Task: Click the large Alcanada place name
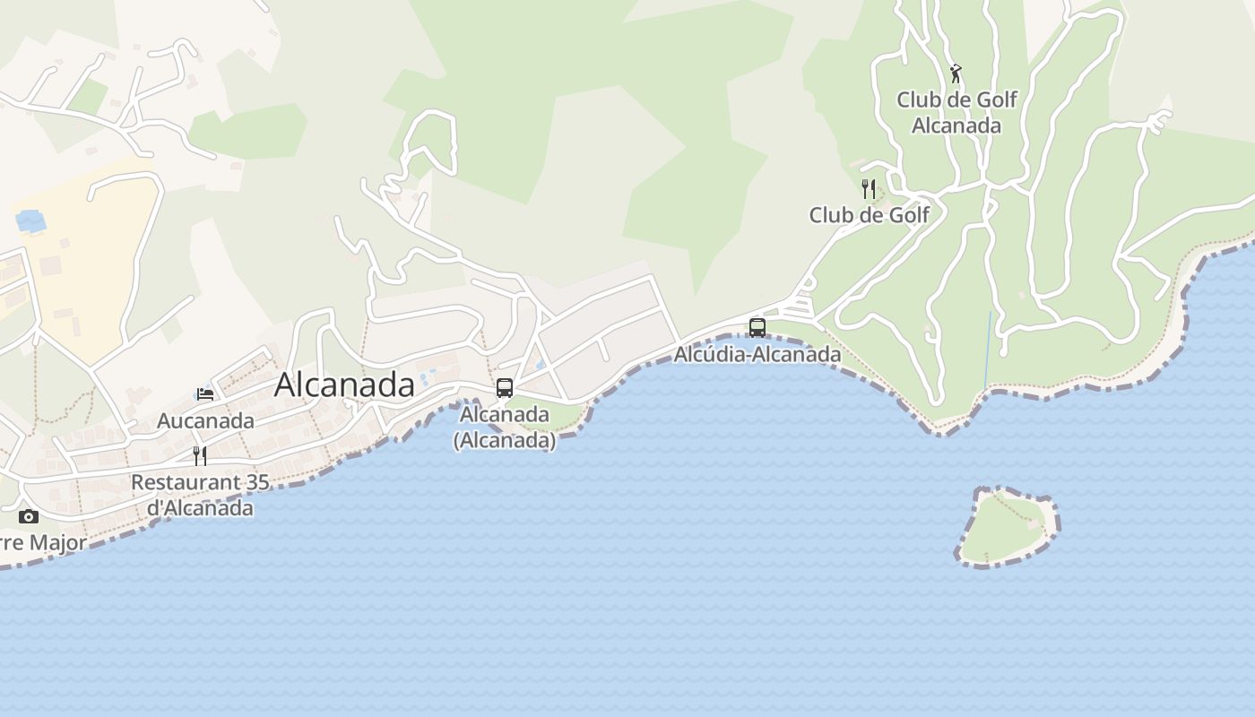coord(344,384)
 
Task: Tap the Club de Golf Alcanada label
coord(956,112)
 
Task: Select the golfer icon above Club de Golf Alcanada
coord(956,73)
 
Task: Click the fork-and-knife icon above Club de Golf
coord(868,188)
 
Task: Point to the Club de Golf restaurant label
coord(870,215)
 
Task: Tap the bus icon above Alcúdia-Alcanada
coord(757,327)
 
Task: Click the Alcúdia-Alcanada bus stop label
coord(757,355)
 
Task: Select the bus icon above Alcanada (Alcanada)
coord(505,387)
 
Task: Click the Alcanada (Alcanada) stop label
coord(505,428)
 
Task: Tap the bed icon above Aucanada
coord(205,393)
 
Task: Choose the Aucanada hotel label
coord(205,420)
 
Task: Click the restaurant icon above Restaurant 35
coord(200,455)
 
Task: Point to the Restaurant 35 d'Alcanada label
coord(200,495)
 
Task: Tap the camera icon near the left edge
coord(29,516)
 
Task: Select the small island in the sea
coord(1007,526)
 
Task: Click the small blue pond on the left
coord(30,220)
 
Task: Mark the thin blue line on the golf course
coord(988,350)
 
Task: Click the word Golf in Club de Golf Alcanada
coord(995,99)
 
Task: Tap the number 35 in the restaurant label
coord(256,482)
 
